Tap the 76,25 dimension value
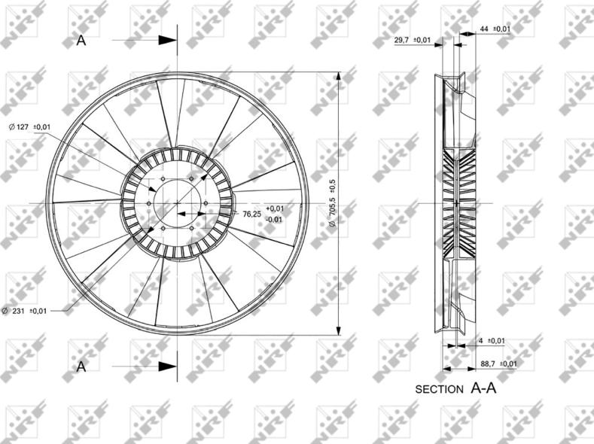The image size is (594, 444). pyautogui.click(x=251, y=214)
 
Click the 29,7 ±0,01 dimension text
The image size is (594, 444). pyautogui.click(x=412, y=39)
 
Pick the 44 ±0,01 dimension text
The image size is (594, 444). pyautogui.click(x=495, y=29)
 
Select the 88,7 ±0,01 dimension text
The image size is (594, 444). pyautogui.click(x=498, y=363)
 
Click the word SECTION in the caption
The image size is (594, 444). pyautogui.click(x=440, y=390)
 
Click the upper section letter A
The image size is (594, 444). pyautogui.click(x=81, y=41)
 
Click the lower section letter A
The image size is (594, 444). pyautogui.click(x=81, y=366)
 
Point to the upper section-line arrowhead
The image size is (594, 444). pyautogui.click(x=168, y=40)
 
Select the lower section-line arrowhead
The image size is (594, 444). pyautogui.click(x=167, y=366)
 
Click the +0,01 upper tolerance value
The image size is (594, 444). pyautogui.click(x=275, y=208)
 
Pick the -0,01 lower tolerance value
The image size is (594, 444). pyautogui.click(x=275, y=220)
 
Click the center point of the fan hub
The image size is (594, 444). pyautogui.click(x=178, y=203)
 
